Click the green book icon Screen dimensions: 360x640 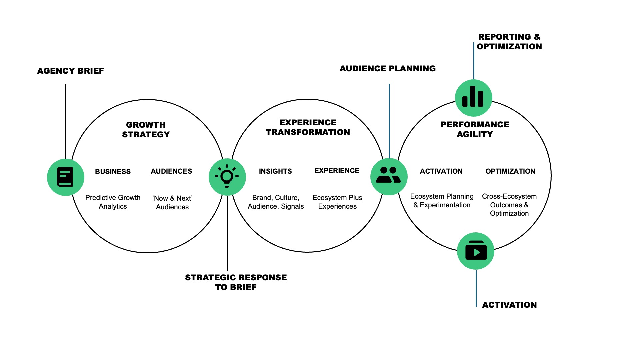coord(65,177)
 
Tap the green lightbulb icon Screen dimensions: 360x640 coord(227,177)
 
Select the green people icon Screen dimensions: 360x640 coord(389,176)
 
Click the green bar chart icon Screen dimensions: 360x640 coord(473,98)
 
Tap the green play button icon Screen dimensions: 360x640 coord(476,251)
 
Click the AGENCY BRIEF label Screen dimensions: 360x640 coord(70,71)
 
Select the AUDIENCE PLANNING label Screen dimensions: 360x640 coord(387,68)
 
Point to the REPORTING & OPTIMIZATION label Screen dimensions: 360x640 coord(509,42)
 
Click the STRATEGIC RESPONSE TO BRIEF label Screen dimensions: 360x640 coord(236,282)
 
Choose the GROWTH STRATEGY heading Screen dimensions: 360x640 coord(146,129)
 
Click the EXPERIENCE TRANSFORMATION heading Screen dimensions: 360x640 coord(308,127)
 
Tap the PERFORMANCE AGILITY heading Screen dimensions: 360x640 coord(475,129)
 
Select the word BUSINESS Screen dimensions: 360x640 coord(113,171)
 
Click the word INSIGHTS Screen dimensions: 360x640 coord(275,171)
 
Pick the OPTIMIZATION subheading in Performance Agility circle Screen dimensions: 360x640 coord(510,171)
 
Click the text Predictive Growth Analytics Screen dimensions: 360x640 coord(113,202)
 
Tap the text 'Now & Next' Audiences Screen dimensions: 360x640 coord(172,202)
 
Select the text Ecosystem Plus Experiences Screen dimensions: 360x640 coord(337,202)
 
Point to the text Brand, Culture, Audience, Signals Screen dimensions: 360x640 coord(276,202)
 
